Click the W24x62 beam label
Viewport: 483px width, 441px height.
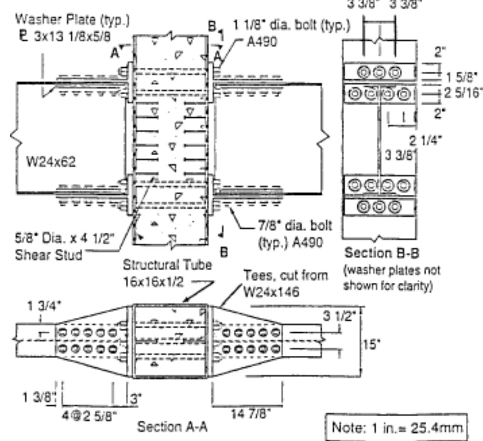click(51, 162)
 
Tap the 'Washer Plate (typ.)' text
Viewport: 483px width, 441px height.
click(73, 20)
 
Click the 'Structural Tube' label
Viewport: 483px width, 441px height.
click(167, 265)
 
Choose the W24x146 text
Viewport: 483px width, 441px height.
click(271, 292)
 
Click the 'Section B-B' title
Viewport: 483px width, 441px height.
click(382, 253)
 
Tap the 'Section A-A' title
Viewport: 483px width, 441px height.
click(172, 427)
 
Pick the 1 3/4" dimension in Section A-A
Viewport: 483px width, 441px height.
click(44, 306)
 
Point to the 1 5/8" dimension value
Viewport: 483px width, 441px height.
click(462, 78)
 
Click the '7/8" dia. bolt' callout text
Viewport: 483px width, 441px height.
click(295, 226)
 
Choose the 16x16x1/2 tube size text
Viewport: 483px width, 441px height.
click(154, 282)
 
